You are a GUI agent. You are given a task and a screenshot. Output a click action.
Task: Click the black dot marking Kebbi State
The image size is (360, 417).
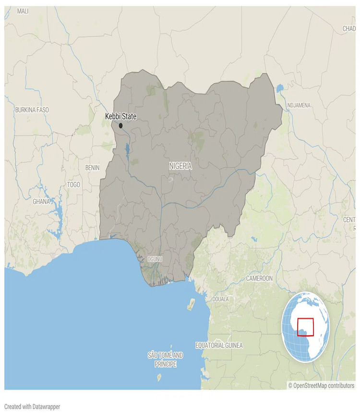click(121, 126)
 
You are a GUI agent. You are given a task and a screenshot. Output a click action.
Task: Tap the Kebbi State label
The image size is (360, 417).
click(120, 116)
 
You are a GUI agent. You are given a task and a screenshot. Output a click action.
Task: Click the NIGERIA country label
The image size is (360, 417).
click(180, 166)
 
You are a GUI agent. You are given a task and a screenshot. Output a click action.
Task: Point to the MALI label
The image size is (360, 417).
click(23, 11)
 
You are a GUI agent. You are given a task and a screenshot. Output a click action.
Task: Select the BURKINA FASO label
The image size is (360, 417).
click(32, 110)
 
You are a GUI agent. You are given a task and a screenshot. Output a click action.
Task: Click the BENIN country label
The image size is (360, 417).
click(92, 168)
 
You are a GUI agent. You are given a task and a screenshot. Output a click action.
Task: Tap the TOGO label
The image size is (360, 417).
click(74, 184)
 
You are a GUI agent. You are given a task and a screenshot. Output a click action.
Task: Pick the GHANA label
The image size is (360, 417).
click(41, 201)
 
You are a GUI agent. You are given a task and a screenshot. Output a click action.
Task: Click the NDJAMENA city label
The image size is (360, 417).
click(298, 105)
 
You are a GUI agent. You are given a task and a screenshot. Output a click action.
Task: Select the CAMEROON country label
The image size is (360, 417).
click(259, 278)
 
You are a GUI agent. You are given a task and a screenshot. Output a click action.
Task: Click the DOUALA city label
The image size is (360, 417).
click(220, 299)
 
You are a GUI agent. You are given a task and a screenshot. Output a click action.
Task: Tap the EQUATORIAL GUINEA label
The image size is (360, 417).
click(219, 345)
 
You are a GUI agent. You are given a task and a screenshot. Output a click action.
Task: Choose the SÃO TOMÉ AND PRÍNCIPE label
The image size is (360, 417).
click(166, 360)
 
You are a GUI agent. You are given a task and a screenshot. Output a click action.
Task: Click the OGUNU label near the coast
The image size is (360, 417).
click(155, 259)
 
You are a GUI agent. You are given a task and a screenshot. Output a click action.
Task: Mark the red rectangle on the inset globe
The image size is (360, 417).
click(305, 327)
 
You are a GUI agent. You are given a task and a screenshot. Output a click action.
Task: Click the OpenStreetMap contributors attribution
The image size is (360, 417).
click(321, 385)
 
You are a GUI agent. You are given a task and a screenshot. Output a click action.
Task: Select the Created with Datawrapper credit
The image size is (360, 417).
click(32, 406)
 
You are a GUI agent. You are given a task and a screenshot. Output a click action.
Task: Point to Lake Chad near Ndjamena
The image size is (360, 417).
click(280, 89)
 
